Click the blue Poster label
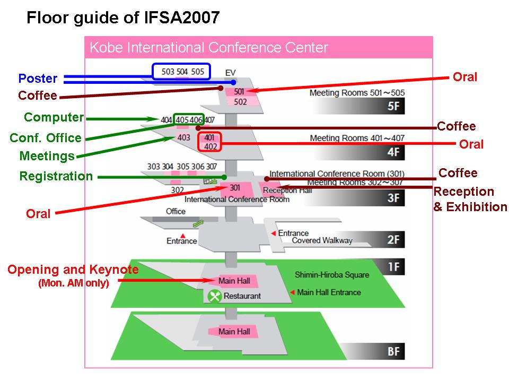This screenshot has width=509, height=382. [38, 79]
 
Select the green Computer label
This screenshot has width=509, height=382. [54, 117]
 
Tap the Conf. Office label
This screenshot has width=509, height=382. [46, 138]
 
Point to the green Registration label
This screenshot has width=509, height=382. [56, 176]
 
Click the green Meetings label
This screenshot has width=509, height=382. [47, 156]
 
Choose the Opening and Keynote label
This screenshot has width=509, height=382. [73, 270]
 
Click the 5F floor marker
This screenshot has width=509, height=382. [393, 106]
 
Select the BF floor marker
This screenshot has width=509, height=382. [393, 352]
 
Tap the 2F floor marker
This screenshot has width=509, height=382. [393, 240]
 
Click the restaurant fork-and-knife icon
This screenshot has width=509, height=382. [214, 296]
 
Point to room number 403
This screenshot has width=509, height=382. [183, 138]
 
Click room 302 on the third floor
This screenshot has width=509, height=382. [177, 189]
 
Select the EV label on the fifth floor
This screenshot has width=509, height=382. [230, 72]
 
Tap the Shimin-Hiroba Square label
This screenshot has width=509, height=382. [331, 275]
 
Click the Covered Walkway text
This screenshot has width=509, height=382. [322, 241]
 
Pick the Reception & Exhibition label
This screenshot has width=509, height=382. [470, 199]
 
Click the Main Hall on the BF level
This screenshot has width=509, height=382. [234, 332]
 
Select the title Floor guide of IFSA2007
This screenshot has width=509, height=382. [123, 18]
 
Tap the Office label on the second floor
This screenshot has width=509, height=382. [175, 211]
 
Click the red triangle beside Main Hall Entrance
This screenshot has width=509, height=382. [291, 292]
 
